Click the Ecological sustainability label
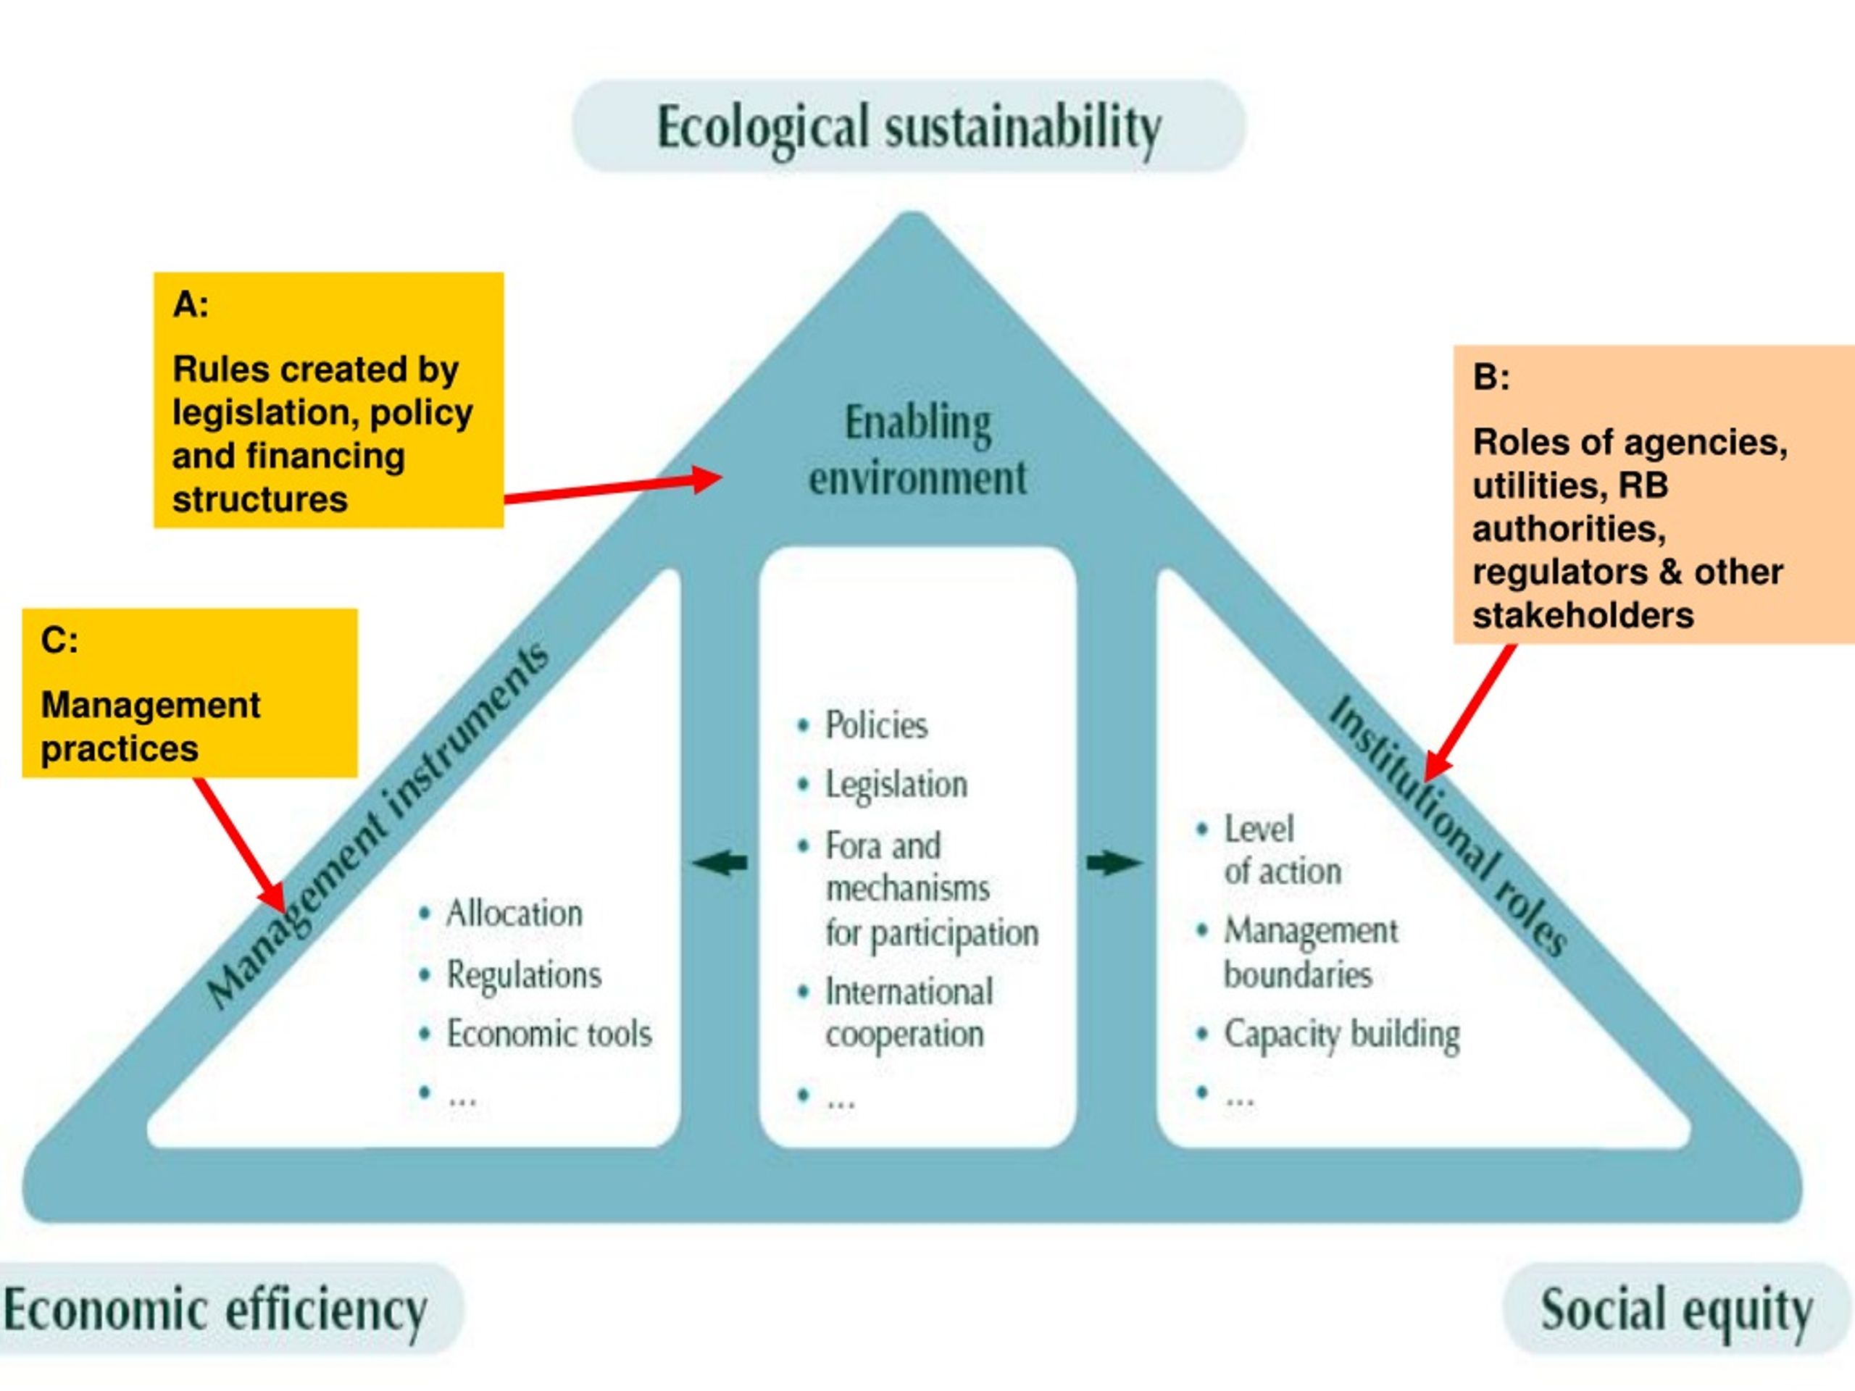pyautogui.click(x=909, y=128)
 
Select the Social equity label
pyautogui.click(x=1677, y=1310)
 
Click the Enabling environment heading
pyautogui.click(x=917, y=450)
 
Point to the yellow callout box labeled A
pyautogui.click(x=329, y=400)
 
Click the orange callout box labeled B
pyautogui.click(x=1654, y=495)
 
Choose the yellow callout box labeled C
pyautogui.click(x=190, y=693)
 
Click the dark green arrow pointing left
pyautogui.click(x=720, y=863)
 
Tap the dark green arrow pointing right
pyautogui.click(x=1114, y=863)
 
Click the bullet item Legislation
pyautogui.click(x=881, y=785)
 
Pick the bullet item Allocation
pyautogui.click(x=501, y=913)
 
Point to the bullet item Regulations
pyautogui.click(x=510, y=975)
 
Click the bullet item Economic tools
pyautogui.click(x=535, y=1034)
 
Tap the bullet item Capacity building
pyautogui.click(x=1327, y=1035)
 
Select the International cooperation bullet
pyautogui.click(x=895, y=1013)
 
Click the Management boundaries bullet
pyautogui.click(x=1296, y=953)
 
